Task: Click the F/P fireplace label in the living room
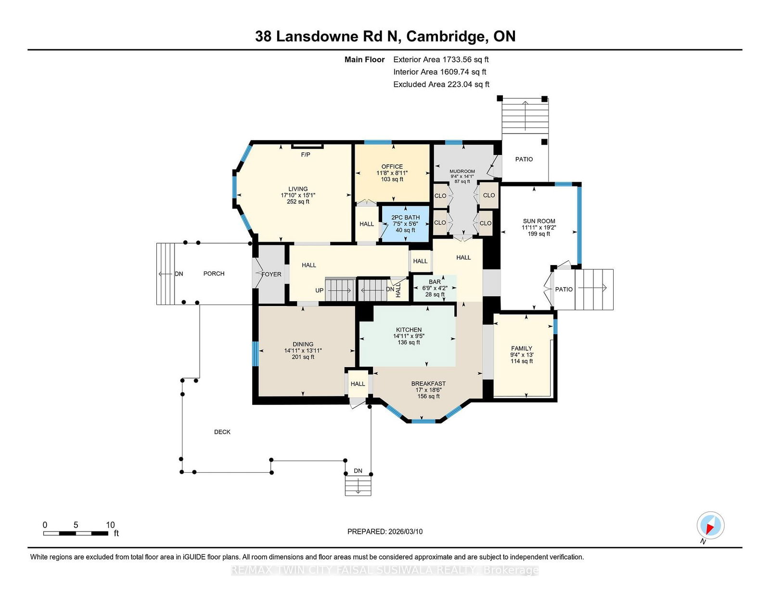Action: pos(306,155)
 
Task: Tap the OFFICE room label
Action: pos(392,167)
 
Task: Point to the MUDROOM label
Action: pos(462,171)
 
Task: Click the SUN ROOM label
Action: pos(539,221)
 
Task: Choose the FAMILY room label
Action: pos(522,348)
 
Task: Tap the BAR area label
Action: pos(435,282)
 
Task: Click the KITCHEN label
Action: pos(409,330)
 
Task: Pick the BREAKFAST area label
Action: pos(428,384)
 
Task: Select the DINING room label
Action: pos(303,344)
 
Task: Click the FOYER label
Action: pos(271,274)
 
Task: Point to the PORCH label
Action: pos(214,274)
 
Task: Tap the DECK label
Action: pos(222,432)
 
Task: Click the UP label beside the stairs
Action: pos(320,291)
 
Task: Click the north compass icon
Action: pos(710,526)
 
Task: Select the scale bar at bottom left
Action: pos(76,533)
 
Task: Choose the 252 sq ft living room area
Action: pos(298,202)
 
